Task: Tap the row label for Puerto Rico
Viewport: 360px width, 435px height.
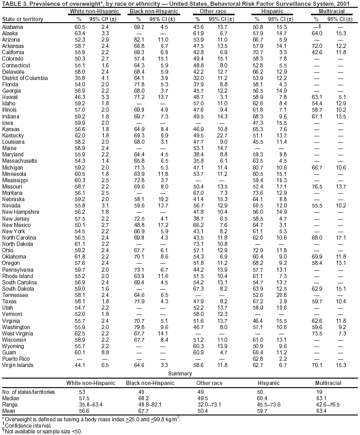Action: (15, 358)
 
